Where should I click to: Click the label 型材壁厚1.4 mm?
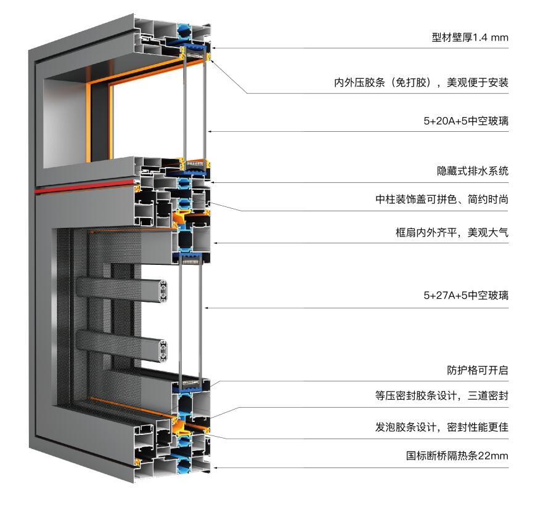470,37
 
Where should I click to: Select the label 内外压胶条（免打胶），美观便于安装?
421,82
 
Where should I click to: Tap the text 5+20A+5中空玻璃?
466,121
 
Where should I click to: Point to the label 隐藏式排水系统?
473,171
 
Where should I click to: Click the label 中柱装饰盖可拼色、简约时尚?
442,199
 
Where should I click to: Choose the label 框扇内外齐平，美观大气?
452,233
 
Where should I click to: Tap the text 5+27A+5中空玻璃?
466,295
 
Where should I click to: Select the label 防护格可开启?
478,370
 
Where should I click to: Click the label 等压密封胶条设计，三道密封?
442,395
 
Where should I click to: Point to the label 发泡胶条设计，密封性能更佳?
442,427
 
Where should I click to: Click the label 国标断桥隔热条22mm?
457,456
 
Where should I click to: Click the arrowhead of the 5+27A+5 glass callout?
206,308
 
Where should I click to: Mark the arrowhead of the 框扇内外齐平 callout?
216,243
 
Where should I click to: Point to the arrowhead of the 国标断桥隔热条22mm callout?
215,467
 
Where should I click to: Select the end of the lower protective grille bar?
163,350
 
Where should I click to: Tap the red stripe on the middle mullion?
85,187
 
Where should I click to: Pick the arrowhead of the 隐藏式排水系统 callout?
213,182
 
